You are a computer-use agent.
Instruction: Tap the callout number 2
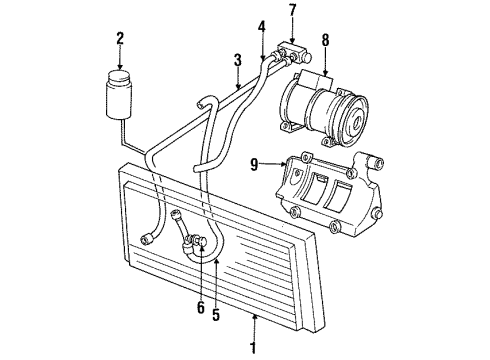[x=120, y=39]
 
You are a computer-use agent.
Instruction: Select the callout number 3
[x=238, y=63]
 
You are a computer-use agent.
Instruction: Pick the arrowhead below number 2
[x=120, y=64]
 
